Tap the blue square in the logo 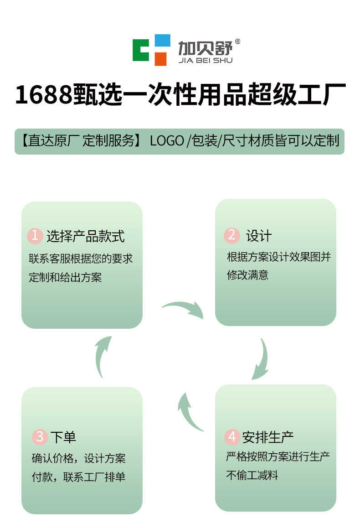[x=162, y=41]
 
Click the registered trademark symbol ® [x=237, y=41]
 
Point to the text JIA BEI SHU [x=205, y=60]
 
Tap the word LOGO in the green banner [x=167, y=141]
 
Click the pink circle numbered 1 [x=35, y=236]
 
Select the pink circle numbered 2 [x=232, y=235]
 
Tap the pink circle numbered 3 [x=40, y=437]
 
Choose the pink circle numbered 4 [x=232, y=437]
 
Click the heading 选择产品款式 [x=85, y=236]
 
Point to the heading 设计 [x=259, y=236]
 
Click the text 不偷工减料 [x=252, y=475]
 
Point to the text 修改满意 [x=247, y=275]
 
